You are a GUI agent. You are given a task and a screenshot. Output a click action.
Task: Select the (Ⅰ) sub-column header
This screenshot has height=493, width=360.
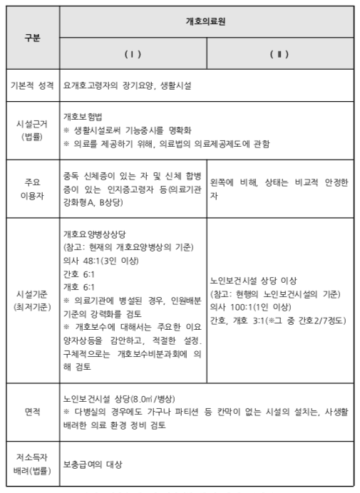133,54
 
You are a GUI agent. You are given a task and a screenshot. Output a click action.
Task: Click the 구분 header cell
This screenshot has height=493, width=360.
33,38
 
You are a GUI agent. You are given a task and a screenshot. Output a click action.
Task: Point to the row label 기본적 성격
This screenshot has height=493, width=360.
32,85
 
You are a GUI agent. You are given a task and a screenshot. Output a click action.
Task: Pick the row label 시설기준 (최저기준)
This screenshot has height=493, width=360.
32,299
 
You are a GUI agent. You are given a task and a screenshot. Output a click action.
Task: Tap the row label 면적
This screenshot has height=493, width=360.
32,411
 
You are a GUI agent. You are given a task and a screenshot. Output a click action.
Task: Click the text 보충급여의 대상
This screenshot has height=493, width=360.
93,465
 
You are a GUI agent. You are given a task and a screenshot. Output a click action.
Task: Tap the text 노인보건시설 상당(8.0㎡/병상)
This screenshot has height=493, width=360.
110,399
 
